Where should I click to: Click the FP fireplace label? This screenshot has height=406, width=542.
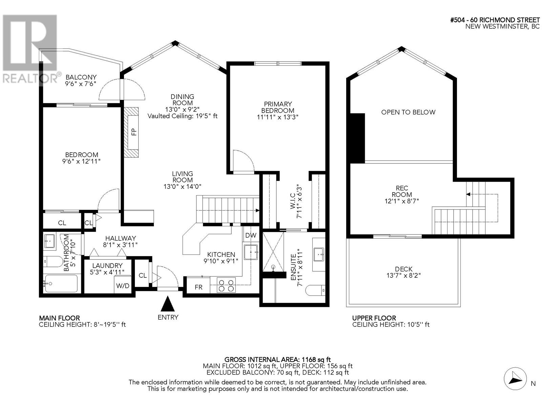tap(134, 132)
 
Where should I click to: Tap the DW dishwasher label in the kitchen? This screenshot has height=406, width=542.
tap(251, 235)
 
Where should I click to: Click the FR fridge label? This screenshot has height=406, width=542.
tap(198, 287)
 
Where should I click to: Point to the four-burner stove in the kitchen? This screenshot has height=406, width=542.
tap(226, 286)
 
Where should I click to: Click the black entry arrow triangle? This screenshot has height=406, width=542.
tap(168, 304)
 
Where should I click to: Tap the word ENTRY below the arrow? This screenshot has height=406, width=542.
tap(168, 317)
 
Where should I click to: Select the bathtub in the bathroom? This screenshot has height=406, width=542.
tap(61, 284)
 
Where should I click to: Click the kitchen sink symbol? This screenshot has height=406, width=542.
tap(251, 252)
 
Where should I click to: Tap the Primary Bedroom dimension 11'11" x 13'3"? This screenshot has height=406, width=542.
tap(277, 117)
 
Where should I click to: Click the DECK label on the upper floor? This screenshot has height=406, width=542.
tap(403, 269)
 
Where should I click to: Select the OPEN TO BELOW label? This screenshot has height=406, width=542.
tap(408, 112)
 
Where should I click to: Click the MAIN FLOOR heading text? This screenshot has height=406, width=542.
tap(59, 318)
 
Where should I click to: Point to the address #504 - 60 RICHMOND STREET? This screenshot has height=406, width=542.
tap(495, 20)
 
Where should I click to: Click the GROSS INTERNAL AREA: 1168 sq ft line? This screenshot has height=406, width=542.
tap(277, 360)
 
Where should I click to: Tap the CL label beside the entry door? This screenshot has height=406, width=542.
tap(143, 275)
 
